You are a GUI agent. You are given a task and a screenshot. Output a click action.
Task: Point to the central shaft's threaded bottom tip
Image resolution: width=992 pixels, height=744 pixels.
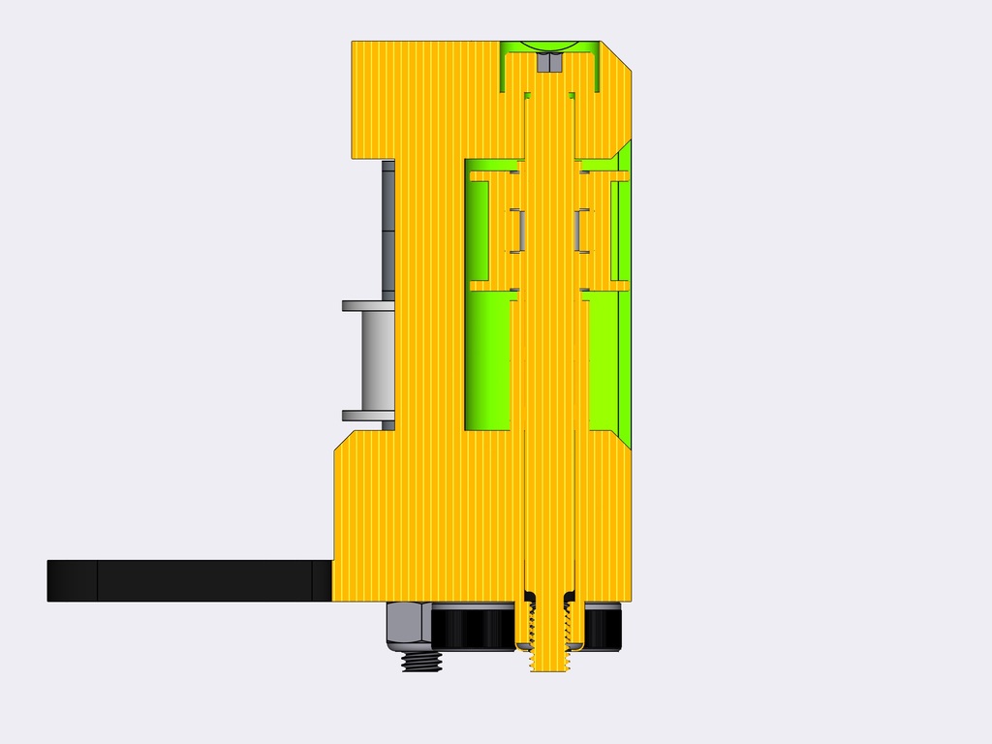(548, 664)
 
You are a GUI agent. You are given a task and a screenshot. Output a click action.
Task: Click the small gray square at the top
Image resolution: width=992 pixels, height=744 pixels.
(548, 63)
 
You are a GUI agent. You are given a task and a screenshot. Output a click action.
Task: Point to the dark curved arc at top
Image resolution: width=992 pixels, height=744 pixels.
(549, 47)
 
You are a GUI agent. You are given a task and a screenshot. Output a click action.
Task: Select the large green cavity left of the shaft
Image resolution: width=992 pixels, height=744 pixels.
(488, 363)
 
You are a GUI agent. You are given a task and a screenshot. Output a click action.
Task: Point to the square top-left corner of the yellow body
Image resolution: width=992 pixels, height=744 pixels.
(355, 45)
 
